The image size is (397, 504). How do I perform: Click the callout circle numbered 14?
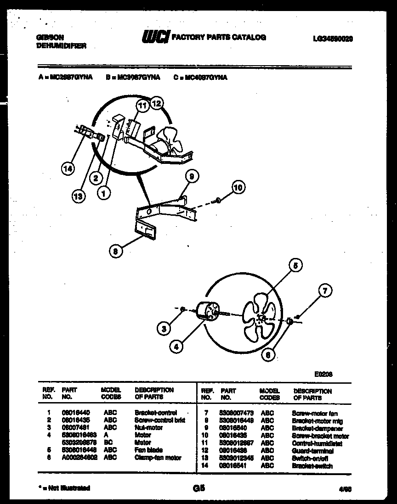click(x=68, y=169)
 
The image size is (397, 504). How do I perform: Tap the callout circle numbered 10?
click(x=238, y=187)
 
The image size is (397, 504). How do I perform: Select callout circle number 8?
click(x=116, y=250)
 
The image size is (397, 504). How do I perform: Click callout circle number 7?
click(x=325, y=291)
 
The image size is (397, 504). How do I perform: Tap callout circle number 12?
click(x=157, y=103)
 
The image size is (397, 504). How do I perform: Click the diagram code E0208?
click(x=323, y=374)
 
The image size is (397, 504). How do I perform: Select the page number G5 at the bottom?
click(x=200, y=488)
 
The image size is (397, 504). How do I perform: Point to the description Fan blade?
click(x=148, y=450)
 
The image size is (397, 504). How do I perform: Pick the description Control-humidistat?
click(x=317, y=443)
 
